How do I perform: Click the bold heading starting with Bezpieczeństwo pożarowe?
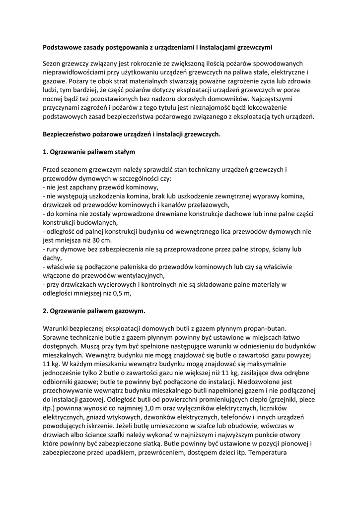click(131, 134)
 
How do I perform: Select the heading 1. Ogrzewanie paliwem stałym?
click(89, 151)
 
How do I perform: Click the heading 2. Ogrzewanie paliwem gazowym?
click(94, 311)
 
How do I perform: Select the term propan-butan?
click(275, 329)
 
